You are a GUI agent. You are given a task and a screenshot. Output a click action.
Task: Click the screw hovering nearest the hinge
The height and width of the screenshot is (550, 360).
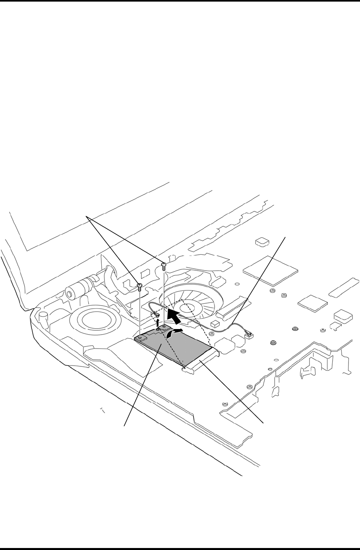[x=140, y=286]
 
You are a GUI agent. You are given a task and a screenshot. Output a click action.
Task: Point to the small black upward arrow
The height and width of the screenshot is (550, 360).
[x=159, y=322]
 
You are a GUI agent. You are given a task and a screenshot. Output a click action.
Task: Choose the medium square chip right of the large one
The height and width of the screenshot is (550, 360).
[x=312, y=303]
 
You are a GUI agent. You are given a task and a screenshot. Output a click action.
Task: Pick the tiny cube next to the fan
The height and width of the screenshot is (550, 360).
[x=215, y=323]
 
